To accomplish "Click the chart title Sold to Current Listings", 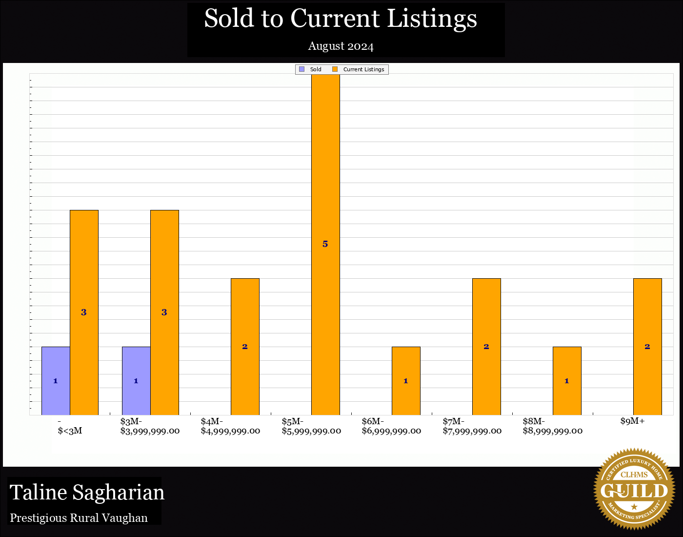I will coord(341,19).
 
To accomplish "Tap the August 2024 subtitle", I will coord(341,46).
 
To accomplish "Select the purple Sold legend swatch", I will coord(302,69).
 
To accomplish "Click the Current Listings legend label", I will coord(363,69).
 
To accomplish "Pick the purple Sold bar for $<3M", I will coord(56,381).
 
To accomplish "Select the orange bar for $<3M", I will coord(84,312).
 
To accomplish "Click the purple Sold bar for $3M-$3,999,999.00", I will coord(136,381).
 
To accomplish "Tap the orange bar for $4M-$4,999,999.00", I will coord(245,347).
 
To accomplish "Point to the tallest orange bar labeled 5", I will coord(325,244).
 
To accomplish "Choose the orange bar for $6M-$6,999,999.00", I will coord(406,381).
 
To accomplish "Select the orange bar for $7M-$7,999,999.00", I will coord(486,347).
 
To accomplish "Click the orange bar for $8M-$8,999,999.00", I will coord(567,381).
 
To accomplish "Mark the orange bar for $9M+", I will coord(647,347).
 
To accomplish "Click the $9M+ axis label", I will coord(632,421).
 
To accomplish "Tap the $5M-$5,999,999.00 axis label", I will coord(311,426).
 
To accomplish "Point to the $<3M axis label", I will coord(70,431).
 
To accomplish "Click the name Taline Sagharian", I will coord(87,493).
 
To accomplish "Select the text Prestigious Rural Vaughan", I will coord(79,518).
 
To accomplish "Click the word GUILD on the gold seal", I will coord(634,491).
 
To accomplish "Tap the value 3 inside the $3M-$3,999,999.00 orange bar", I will coord(164,312).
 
